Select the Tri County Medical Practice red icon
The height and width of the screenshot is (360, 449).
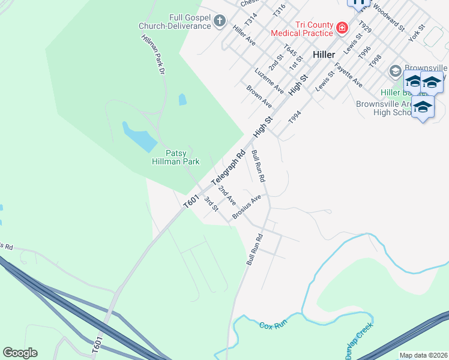click(x=342, y=27)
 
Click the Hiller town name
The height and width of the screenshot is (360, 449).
click(x=324, y=54)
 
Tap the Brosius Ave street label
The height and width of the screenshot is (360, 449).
click(x=247, y=207)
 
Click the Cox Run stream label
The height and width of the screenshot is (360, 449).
click(x=274, y=325)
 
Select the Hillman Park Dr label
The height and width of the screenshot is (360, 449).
click(x=152, y=54)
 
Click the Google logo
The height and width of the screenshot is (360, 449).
click(x=20, y=353)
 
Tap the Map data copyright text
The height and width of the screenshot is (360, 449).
click(x=424, y=355)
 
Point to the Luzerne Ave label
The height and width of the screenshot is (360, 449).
click(x=269, y=80)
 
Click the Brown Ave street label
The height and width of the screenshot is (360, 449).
click(x=259, y=96)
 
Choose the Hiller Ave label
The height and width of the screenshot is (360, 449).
click(x=244, y=35)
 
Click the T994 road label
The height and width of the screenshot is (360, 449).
click(x=294, y=116)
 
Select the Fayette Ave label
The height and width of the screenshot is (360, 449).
click(x=349, y=74)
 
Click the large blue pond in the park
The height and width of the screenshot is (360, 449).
click(x=139, y=137)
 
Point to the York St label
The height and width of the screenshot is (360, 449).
click(x=416, y=34)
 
